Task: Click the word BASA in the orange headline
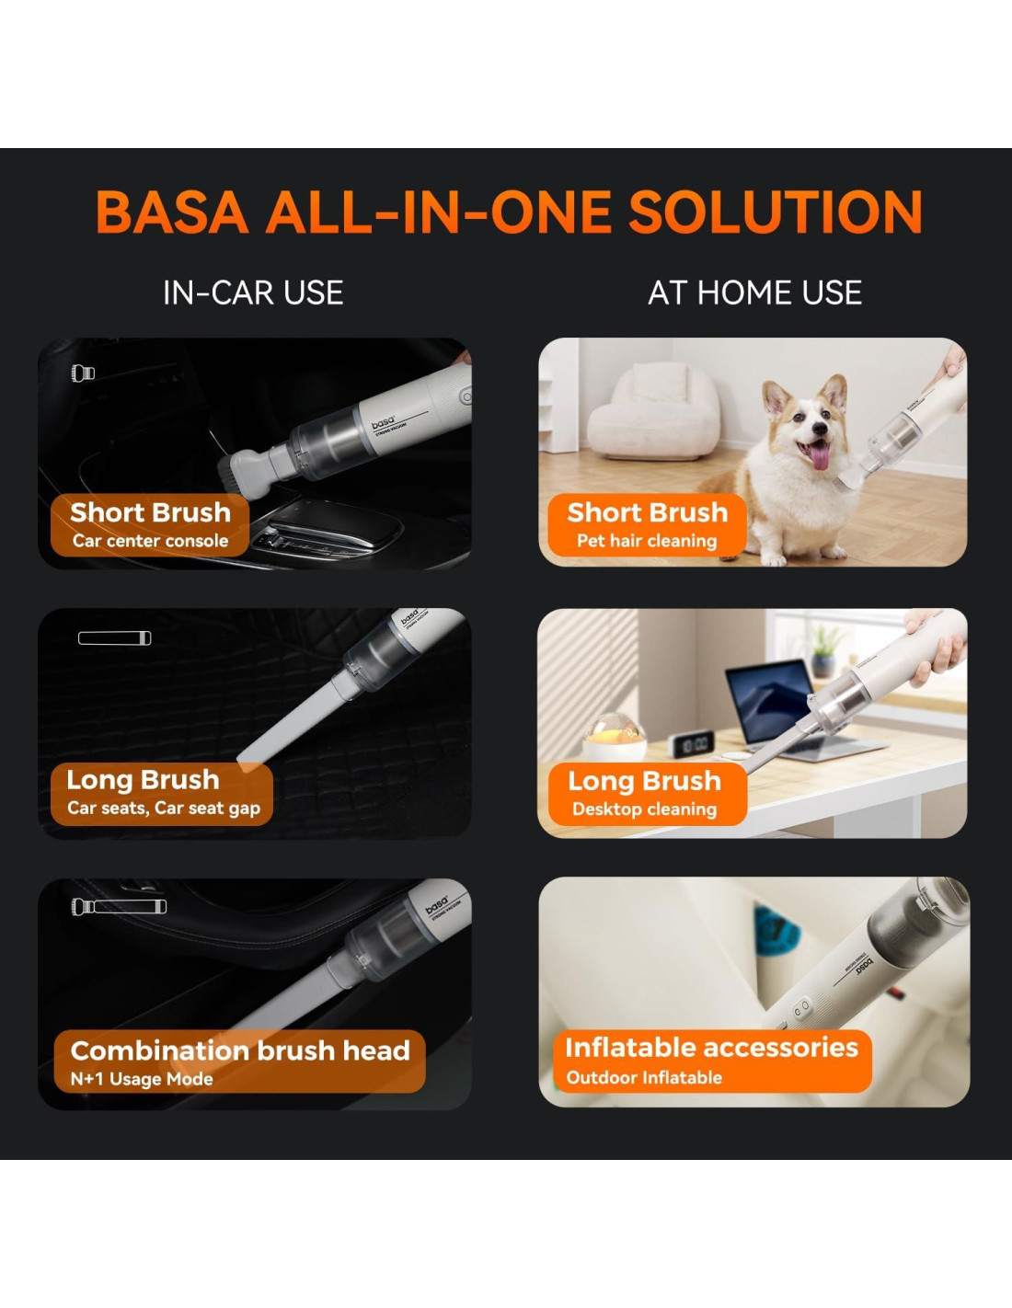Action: [172, 212]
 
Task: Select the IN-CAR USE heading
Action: [253, 293]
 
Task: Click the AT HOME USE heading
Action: [755, 293]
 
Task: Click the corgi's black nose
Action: [820, 429]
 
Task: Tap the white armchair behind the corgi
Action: [652, 414]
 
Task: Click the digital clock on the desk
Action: [692, 744]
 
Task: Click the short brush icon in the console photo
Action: [83, 373]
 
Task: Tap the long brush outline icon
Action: [114, 638]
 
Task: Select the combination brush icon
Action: [120, 907]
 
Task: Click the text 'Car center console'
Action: [151, 541]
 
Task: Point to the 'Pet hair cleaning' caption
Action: [647, 541]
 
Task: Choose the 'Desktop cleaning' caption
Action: [644, 809]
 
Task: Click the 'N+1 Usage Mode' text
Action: [142, 1079]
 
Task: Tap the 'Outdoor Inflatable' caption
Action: [644, 1077]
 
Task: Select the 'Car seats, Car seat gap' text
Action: [164, 808]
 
